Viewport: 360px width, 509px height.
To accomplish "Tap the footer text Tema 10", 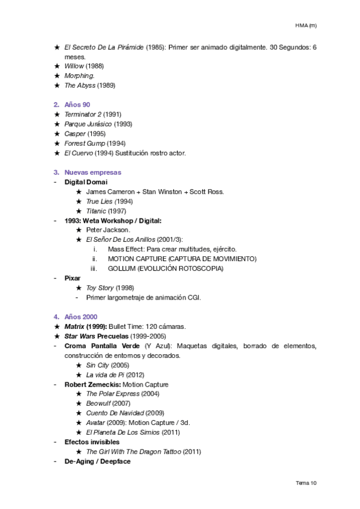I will (306, 482).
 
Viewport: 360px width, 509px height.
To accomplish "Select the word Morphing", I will (79, 76).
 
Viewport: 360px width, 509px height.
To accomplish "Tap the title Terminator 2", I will (84, 114).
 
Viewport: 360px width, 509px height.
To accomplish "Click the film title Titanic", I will (96, 211).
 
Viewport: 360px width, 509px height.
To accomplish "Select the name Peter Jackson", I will (107, 230).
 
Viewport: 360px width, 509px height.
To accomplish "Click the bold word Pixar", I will (73, 278).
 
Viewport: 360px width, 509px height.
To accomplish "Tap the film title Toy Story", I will (100, 288).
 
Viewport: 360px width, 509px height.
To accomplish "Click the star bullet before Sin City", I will (79, 365).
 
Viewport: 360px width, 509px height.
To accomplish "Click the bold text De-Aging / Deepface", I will (97, 461).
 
